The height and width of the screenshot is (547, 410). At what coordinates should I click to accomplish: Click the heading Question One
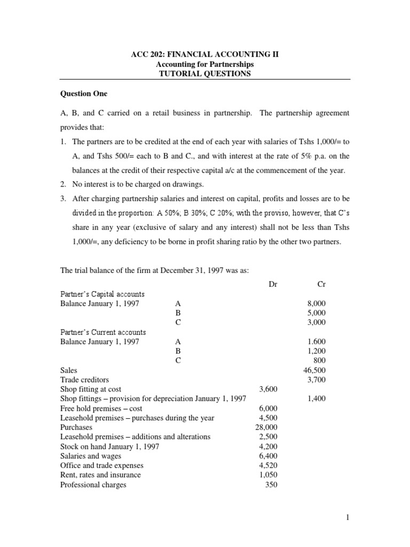click(84, 93)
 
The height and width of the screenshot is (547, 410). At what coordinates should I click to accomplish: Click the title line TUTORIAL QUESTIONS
click(205, 74)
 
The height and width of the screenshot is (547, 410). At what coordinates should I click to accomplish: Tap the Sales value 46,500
click(314, 370)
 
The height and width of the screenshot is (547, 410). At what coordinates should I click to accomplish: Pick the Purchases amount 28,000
click(266, 427)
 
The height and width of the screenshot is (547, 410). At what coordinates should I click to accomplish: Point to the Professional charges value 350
click(271, 485)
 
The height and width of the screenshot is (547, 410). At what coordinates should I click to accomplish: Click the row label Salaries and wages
click(91, 456)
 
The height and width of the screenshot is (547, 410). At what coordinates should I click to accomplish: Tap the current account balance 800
click(319, 360)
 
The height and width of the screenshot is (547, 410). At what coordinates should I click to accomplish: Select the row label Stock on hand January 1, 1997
click(109, 447)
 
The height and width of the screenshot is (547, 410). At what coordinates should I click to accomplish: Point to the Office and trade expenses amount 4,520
click(268, 466)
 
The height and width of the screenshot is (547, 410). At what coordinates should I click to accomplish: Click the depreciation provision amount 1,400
click(317, 398)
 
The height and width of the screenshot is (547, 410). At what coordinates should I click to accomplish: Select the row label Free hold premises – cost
click(99, 408)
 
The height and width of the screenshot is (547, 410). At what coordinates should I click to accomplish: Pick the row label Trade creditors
click(84, 379)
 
